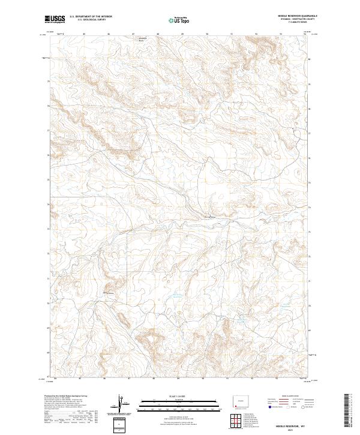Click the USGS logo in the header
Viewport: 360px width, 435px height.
pyautogui.click(x=55, y=19)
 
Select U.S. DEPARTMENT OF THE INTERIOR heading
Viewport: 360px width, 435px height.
pyautogui.click(x=91, y=16)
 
